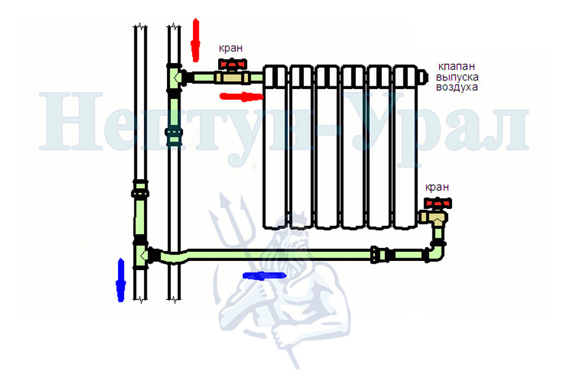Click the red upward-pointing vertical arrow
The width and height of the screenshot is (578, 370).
(x=195, y=40)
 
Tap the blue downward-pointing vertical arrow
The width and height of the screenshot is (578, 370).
(x=121, y=280)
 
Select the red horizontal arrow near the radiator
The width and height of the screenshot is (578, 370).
(x=242, y=97)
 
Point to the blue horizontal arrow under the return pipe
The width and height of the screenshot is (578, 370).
(x=264, y=276)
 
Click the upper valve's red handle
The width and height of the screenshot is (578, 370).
(x=232, y=64)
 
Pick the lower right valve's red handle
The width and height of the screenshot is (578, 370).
(x=438, y=203)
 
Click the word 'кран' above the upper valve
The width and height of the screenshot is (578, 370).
(x=231, y=48)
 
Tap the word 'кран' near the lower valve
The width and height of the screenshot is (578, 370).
(x=437, y=187)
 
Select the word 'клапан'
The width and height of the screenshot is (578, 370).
(x=457, y=67)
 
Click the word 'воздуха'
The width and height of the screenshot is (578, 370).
(x=457, y=88)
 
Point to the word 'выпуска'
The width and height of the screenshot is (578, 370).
(x=457, y=77)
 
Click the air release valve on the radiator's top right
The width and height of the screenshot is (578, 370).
(x=423, y=77)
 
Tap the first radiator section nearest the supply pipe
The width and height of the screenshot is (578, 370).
(x=275, y=147)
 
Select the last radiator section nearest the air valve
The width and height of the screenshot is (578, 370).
(x=405, y=147)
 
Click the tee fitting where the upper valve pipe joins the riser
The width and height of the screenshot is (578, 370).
(x=175, y=77)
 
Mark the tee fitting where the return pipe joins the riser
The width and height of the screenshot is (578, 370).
(x=142, y=254)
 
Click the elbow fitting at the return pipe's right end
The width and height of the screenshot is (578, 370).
(x=436, y=252)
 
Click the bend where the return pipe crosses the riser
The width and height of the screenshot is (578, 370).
(x=174, y=257)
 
